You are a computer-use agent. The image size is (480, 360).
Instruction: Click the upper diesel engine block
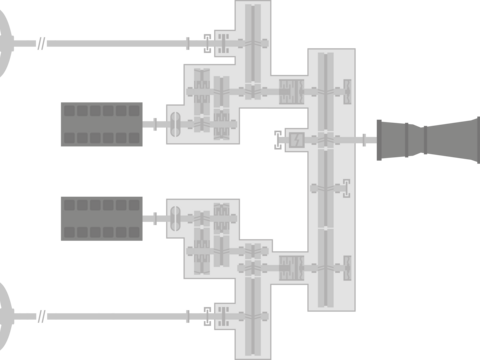pos(101,124)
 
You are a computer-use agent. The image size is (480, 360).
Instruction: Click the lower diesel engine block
pos(101,219)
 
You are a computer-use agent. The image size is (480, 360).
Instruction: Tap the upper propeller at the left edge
pos(5,43)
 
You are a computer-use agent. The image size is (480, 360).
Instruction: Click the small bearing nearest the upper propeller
pos(41,43)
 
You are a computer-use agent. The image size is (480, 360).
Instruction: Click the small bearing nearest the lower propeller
pos(41,316)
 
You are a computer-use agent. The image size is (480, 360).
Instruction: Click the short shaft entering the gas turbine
pos(367,140)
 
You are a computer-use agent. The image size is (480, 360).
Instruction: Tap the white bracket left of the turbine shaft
pos(278,140)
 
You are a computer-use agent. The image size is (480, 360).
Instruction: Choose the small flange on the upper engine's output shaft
pos(154,124)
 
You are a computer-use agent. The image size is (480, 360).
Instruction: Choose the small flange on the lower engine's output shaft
pos(154,217)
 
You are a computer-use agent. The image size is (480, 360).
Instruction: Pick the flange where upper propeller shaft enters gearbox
pos(188,43)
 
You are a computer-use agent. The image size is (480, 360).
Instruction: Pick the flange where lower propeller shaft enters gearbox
pos(188,316)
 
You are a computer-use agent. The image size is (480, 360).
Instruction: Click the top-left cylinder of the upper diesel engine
pos(69,111)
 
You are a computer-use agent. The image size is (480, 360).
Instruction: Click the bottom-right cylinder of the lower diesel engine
pos(135,232)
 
